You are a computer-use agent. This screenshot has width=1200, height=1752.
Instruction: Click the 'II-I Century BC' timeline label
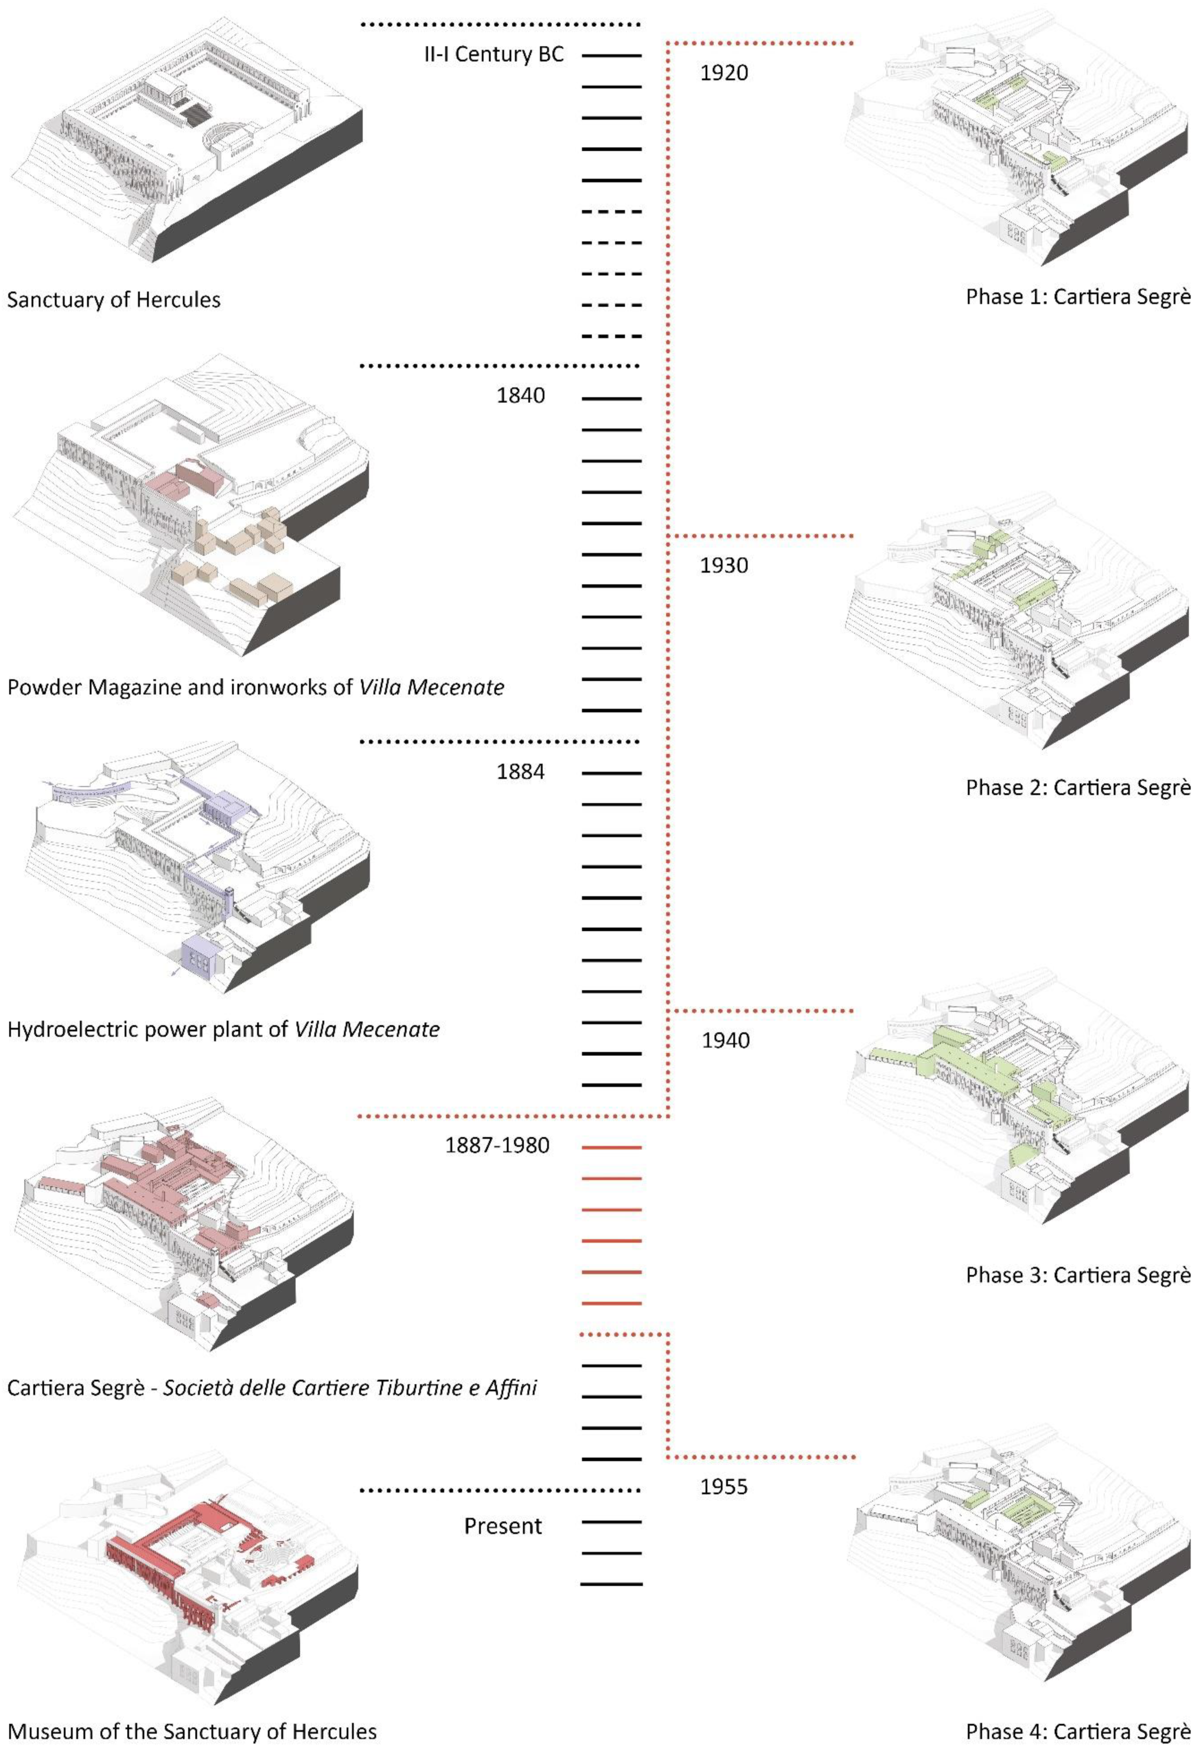click(x=494, y=54)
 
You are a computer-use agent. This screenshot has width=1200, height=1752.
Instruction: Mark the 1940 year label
click(x=725, y=1040)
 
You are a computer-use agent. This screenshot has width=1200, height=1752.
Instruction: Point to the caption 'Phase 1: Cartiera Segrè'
click(x=1078, y=296)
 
